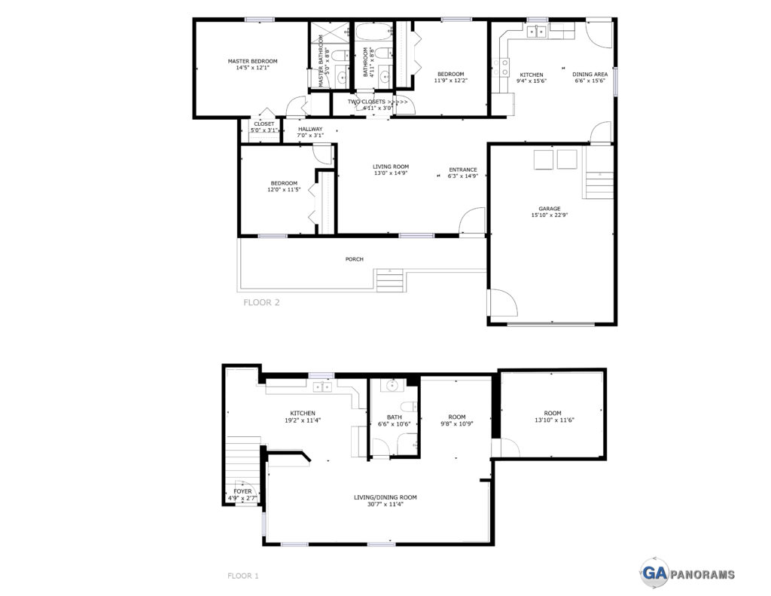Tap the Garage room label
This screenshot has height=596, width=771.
tap(549, 209)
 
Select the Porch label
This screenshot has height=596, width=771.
tap(354, 259)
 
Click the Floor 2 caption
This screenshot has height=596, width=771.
tap(261, 302)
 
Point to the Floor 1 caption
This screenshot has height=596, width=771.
tap(243, 576)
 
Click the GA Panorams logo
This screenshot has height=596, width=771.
tap(688, 573)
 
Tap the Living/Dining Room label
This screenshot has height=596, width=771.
tap(385, 497)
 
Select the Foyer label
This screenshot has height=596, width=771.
tap(242, 492)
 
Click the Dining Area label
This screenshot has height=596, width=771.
tap(590, 75)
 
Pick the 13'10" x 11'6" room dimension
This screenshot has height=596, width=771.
tap(554, 420)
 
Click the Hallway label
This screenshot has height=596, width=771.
tap(310, 129)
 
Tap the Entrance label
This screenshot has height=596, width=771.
tap(463, 170)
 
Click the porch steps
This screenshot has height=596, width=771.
tap(391, 280)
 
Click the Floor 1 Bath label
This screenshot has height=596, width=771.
tap(395, 417)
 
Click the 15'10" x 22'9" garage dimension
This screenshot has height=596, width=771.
tap(549, 215)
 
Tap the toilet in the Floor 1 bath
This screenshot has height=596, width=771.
tap(409, 407)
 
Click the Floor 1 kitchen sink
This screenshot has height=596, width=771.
tap(322, 387)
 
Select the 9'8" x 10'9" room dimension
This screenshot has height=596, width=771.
tap(457, 423)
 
